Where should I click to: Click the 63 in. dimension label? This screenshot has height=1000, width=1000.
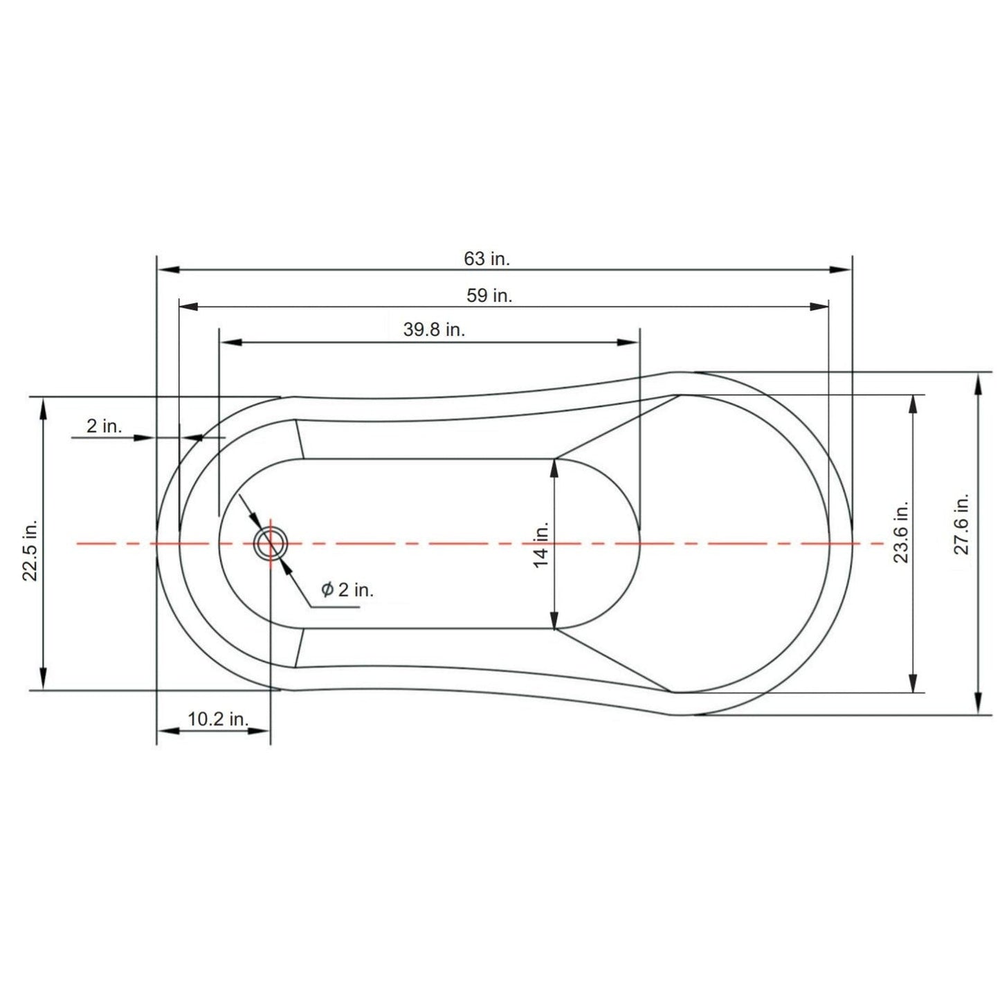point(487,258)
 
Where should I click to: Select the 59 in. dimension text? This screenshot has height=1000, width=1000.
point(489,296)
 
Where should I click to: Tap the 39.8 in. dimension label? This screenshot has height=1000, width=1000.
point(434,329)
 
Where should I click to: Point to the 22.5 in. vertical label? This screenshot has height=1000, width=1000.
point(30,549)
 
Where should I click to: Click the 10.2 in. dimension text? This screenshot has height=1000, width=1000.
point(218,719)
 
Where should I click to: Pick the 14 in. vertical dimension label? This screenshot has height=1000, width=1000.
point(540,545)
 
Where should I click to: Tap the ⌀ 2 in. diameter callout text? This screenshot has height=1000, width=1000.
point(347,590)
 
